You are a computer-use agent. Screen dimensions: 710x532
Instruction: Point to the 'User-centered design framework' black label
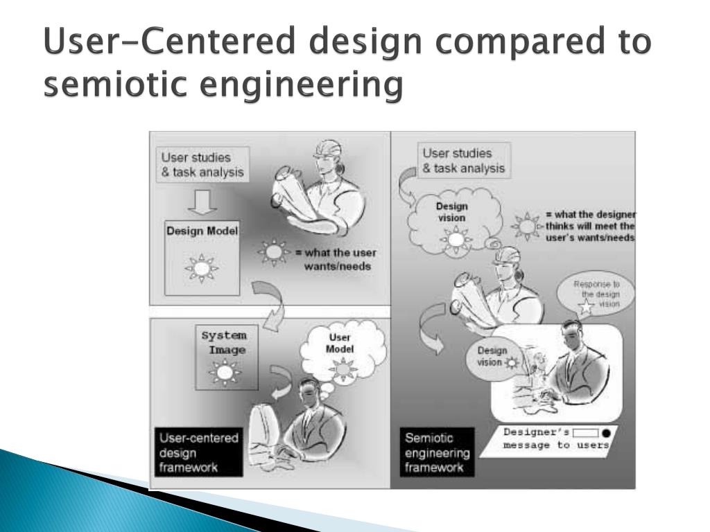point(199,452)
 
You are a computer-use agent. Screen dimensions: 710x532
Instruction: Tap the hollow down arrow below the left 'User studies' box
point(202,202)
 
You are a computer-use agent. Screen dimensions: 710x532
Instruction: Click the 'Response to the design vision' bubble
point(596,297)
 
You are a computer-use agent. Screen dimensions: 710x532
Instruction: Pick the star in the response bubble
point(585,309)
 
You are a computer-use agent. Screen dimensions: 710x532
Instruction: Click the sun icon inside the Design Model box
point(202,267)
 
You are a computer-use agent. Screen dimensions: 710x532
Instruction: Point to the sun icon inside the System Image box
point(224,373)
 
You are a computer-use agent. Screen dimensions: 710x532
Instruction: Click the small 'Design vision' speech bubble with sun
point(494,356)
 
